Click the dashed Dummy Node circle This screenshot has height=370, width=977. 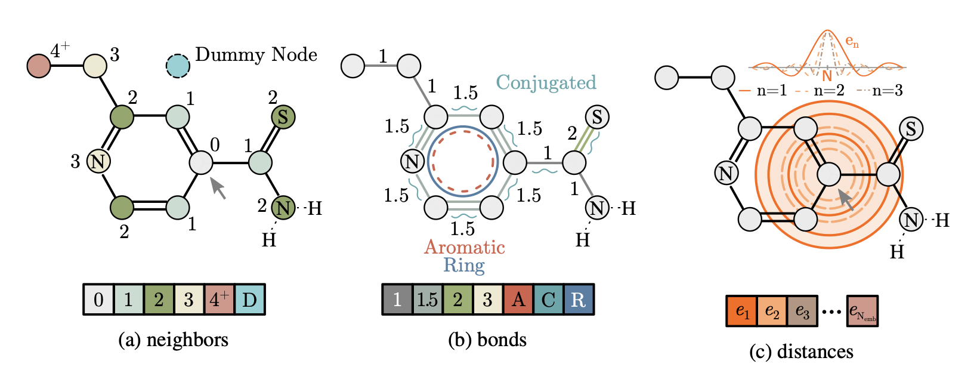pos(178,66)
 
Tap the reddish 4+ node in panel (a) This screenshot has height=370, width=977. pos(39,66)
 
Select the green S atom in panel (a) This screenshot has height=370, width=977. pos(283,117)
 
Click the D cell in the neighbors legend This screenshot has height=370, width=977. pos(249,299)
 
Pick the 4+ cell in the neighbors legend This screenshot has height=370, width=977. pos(219,299)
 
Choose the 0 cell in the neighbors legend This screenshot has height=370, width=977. pos(98,299)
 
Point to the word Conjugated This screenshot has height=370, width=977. pos(546,82)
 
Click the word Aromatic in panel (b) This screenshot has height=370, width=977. pos(465,247)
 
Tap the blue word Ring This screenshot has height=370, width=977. pos(464,265)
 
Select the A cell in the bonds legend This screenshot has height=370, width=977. pos(518,299)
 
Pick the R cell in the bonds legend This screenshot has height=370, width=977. pos(578,299)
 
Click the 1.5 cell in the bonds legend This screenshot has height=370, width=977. pos(427,299)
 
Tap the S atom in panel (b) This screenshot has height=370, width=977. pos(597,117)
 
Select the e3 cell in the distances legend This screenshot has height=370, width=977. pos(802,312)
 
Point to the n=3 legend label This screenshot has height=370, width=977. pos(887,91)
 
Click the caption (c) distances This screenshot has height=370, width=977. pos(801,351)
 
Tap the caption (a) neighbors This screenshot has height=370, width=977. pos(174,340)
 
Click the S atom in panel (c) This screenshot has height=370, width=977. pos(911,128)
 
